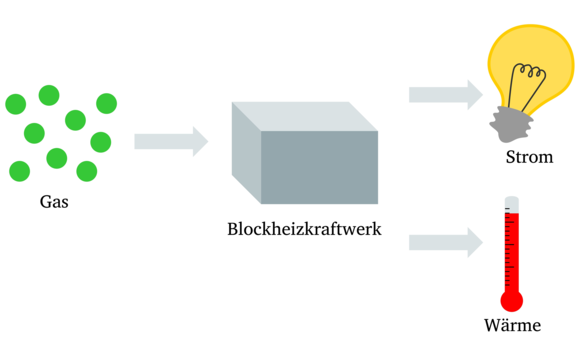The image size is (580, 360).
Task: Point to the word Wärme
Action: coord(512,326)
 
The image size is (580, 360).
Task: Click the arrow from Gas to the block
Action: coord(171,142)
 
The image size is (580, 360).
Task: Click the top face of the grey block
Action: coord(304,116)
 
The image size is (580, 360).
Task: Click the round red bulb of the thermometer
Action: coord(512,301)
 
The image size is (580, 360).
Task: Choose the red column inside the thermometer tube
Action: coord(512,255)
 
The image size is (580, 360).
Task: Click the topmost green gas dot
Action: coord(49,95)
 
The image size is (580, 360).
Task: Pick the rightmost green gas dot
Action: coord(106,103)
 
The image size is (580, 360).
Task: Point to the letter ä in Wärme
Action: coord(503,326)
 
